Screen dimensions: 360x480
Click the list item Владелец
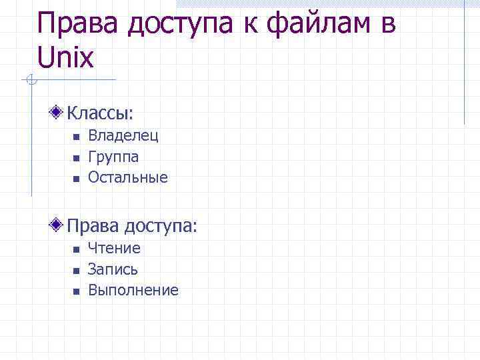(123, 136)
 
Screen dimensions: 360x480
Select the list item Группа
(113, 157)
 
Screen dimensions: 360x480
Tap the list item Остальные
(128, 178)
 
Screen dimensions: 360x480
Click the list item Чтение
(114, 249)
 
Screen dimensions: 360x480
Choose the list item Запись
(113, 269)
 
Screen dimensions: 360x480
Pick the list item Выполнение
(133, 290)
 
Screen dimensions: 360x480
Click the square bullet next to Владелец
(76, 137)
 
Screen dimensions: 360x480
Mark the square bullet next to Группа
(76, 158)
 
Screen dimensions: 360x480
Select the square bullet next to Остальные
(76, 179)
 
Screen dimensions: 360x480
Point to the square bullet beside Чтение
(76, 249)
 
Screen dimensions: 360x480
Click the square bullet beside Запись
(76, 270)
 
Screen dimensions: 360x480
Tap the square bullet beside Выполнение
(76, 291)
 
